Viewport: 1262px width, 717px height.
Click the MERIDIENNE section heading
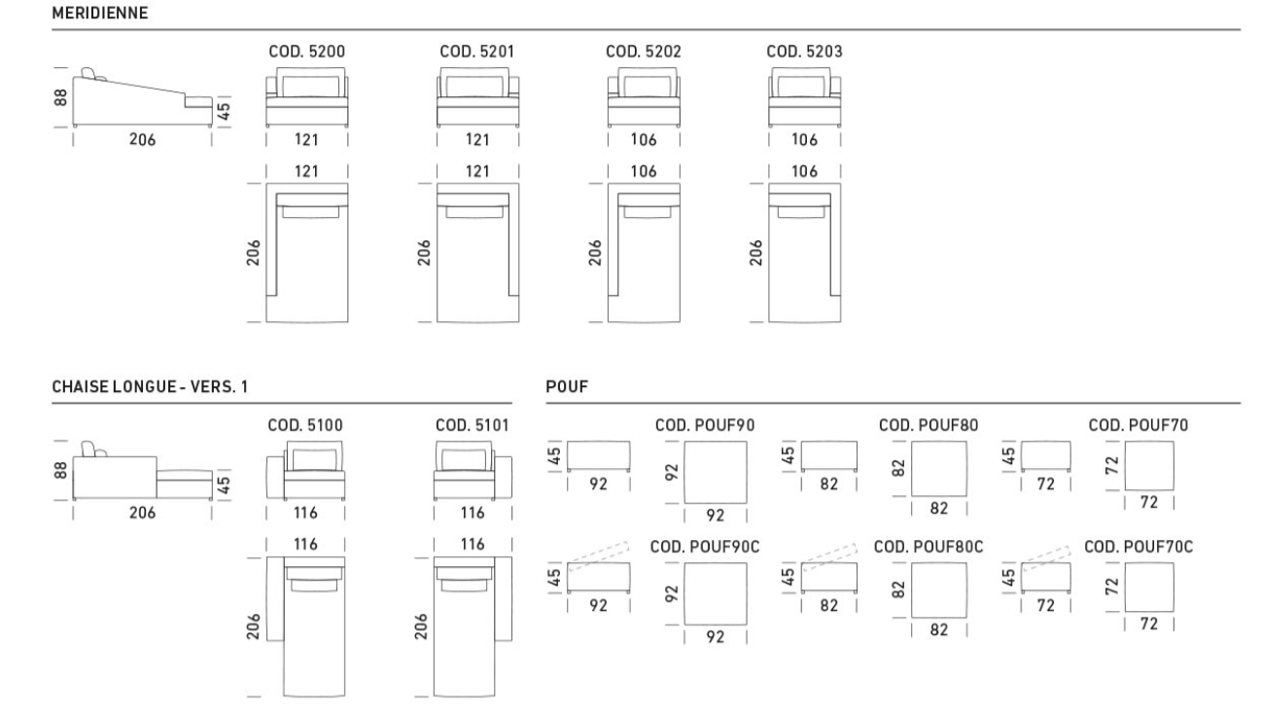point(100,13)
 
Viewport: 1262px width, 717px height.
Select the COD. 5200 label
point(306,52)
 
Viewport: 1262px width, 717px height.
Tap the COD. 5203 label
point(804,52)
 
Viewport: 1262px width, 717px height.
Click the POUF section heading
point(567,386)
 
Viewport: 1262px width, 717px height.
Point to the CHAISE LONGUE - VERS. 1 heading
point(150,386)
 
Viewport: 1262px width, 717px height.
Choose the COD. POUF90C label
point(704,547)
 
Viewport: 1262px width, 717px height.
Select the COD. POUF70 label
point(1139,425)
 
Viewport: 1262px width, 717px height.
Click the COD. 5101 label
point(473,425)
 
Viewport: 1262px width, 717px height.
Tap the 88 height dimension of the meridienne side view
point(60,97)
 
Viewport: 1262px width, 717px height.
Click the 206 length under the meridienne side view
point(142,139)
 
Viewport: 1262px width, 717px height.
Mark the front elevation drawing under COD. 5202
point(644,97)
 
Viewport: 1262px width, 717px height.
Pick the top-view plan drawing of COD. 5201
point(477,253)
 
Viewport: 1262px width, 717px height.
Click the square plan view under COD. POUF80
point(938,469)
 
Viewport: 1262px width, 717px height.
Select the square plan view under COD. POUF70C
point(1149,587)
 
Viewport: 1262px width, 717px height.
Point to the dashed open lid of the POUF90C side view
point(598,556)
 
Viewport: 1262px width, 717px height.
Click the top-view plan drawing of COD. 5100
point(305,627)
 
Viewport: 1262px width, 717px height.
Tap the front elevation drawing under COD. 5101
point(473,471)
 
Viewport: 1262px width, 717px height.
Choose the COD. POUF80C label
point(928,547)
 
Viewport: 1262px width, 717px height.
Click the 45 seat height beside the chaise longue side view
point(223,484)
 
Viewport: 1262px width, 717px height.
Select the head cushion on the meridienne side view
point(88,73)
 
